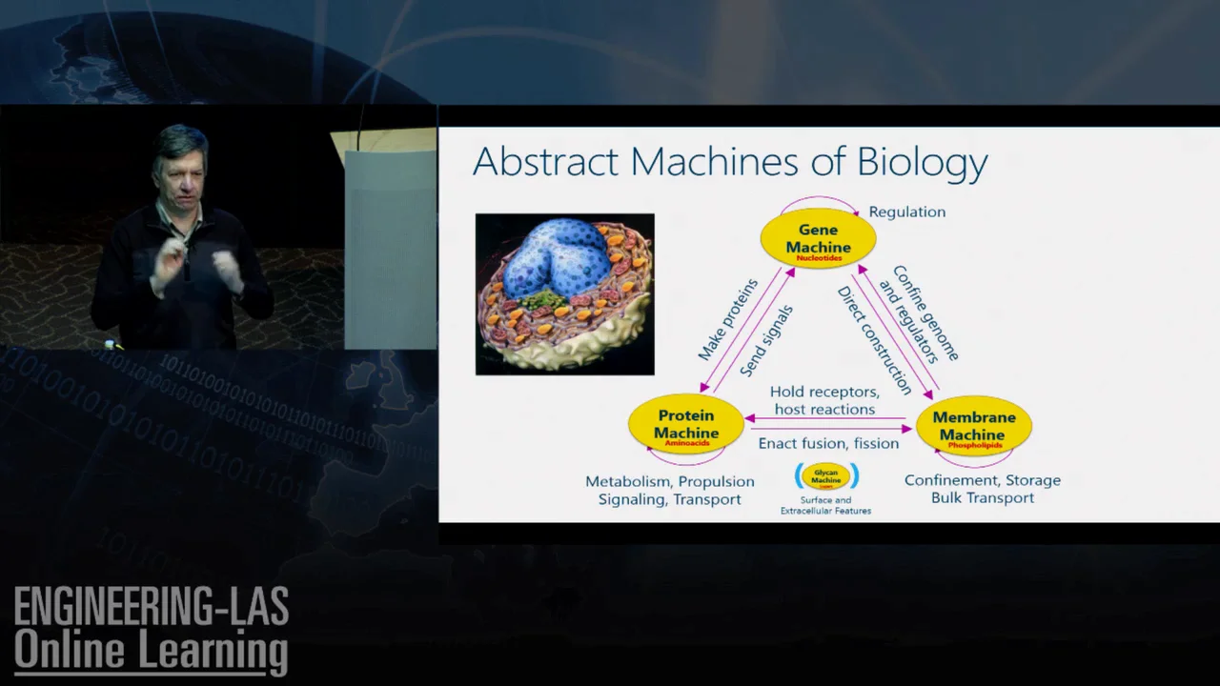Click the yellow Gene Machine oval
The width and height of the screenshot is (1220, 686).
tap(818, 239)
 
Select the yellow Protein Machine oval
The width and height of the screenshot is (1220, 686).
tap(686, 424)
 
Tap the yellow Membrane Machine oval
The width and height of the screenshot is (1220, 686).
tap(973, 426)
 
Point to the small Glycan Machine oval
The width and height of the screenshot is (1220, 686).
tap(826, 476)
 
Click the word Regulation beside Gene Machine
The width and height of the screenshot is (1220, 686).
tap(906, 212)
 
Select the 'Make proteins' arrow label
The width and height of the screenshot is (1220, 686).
tap(727, 319)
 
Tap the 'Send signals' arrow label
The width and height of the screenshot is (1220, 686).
tap(766, 340)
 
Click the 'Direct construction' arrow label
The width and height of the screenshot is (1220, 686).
tap(874, 339)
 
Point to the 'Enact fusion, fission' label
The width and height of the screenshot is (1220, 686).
tap(828, 443)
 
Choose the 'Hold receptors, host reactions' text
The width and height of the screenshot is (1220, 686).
tap(824, 400)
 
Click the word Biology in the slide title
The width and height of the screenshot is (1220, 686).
tap(922, 162)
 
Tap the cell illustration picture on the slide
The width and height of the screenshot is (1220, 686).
tap(564, 293)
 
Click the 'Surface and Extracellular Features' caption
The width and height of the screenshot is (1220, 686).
tap(825, 505)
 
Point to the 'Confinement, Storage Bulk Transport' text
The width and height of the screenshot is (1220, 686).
tap(982, 489)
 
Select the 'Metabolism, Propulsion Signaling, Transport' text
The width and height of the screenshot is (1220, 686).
tap(669, 490)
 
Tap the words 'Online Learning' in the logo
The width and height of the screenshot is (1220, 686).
tap(151, 651)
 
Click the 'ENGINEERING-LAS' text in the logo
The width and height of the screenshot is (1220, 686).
tap(151, 607)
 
